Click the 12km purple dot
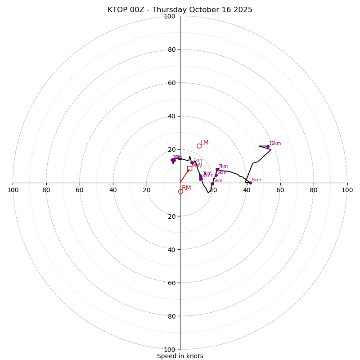click(268, 146)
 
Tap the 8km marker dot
click(250, 183)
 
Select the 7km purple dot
click(217, 170)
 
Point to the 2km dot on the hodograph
click(192, 163)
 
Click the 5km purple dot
click(212, 184)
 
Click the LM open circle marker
click(199, 146)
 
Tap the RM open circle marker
click(180, 191)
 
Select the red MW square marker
click(189, 168)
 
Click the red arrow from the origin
click(184, 176)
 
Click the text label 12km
click(275, 144)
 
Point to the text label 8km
click(256, 180)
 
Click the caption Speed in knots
click(180, 356)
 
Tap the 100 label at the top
click(170, 16)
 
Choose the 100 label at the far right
click(347, 190)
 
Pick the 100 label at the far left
click(13, 190)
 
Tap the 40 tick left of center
click(113, 190)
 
